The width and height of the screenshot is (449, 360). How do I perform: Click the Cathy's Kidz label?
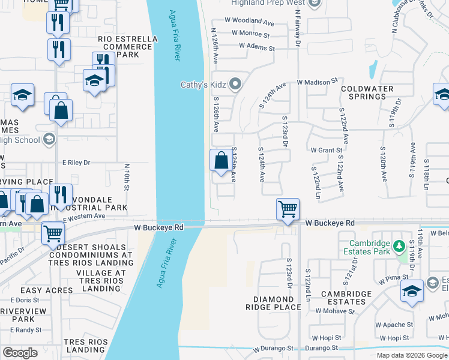click(204, 85)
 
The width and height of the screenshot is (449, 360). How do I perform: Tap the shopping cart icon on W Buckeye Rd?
click(288, 209)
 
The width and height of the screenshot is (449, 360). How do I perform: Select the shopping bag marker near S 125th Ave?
click(221, 161)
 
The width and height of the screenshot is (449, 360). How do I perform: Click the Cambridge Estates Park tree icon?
click(398, 246)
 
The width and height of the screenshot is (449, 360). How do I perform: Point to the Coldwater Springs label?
click(367, 92)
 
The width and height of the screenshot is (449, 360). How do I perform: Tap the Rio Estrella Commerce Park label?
click(128, 47)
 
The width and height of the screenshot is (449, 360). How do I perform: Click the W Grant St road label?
click(326, 151)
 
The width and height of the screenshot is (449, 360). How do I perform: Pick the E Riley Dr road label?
click(76, 162)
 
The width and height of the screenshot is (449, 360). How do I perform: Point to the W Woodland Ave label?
click(251, 20)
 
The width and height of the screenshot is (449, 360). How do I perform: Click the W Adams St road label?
click(258, 48)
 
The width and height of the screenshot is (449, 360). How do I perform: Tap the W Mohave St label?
click(345, 311)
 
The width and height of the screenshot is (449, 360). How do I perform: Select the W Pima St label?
click(393, 278)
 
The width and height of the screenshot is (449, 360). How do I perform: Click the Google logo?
click(20, 353)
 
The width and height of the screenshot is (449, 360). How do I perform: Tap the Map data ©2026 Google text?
click(412, 355)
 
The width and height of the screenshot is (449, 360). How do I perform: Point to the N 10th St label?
click(127, 178)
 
